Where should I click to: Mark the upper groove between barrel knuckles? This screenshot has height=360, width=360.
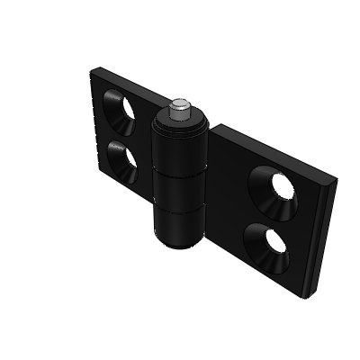tap(181, 173)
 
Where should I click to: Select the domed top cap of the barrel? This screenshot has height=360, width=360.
tap(180, 120)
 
